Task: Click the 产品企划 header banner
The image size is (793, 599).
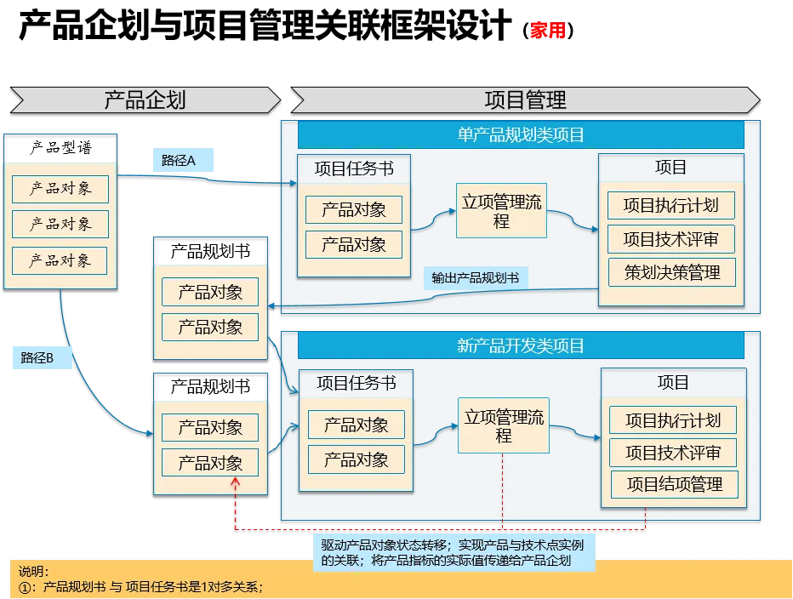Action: pyautogui.click(x=145, y=100)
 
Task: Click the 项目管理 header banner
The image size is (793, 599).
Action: pyautogui.click(x=525, y=100)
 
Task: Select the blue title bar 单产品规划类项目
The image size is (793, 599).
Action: pyautogui.click(x=521, y=134)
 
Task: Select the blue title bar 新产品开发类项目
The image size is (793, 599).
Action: pyautogui.click(x=521, y=345)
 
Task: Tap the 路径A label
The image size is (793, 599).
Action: pyautogui.click(x=179, y=160)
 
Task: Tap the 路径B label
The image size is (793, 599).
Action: pyautogui.click(x=37, y=358)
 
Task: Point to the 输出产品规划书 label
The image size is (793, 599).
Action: pyautogui.click(x=475, y=278)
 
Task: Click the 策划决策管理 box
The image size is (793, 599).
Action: pyautogui.click(x=672, y=272)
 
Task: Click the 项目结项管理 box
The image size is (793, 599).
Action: pyautogui.click(x=674, y=484)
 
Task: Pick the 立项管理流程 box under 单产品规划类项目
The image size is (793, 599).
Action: pyautogui.click(x=501, y=211)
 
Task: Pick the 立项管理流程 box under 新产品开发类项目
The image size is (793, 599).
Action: pyautogui.click(x=504, y=425)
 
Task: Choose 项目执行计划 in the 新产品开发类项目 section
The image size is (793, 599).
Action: pyautogui.click(x=673, y=419)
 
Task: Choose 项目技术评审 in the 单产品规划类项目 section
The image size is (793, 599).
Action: pyautogui.click(x=670, y=239)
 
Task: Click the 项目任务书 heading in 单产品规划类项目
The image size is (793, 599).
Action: pyautogui.click(x=354, y=168)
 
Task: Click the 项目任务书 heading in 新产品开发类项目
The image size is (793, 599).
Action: pyautogui.click(x=356, y=383)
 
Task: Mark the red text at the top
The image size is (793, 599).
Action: pyautogui.click(x=547, y=31)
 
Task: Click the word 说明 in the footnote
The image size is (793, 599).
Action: pyautogui.click(x=33, y=571)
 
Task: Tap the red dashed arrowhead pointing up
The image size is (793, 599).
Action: pyautogui.click(x=236, y=482)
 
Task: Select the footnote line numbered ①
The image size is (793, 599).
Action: pyautogui.click(x=140, y=586)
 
